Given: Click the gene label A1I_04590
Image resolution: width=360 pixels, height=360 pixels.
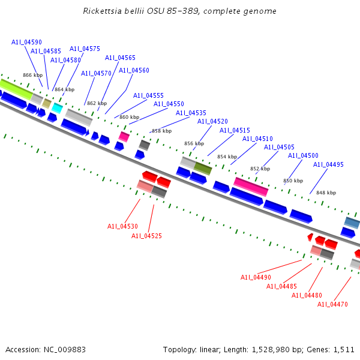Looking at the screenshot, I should pyautogui.click(x=26, y=42).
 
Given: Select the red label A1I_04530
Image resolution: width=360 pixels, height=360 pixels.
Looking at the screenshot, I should pyautogui.click(x=122, y=226).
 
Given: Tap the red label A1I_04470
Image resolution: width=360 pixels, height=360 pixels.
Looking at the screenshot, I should pyautogui.click(x=332, y=304).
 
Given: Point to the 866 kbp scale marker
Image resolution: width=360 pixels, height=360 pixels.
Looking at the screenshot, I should pyautogui.click(x=33, y=75).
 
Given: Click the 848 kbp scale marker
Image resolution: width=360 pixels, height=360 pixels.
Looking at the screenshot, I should pyautogui.click(x=326, y=193).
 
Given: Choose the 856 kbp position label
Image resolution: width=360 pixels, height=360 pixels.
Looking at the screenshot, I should pyautogui.click(x=194, y=143).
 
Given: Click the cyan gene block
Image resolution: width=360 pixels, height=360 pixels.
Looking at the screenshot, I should pyautogui.click(x=57, y=107).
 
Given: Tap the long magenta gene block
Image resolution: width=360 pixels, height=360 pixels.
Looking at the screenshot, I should pyautogui.click(x=251, y=186).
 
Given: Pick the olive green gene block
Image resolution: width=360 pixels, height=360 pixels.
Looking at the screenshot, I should pyautogui.click(x=203, y=169).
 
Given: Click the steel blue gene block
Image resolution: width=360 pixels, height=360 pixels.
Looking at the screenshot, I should pyautogui.click(x=352, y=223).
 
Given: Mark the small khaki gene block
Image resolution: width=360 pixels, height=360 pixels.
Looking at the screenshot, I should pyautogui.click(x=46, y=103).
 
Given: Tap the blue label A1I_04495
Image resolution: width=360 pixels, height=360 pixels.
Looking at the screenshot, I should pyautogui.click(x=328, y=164).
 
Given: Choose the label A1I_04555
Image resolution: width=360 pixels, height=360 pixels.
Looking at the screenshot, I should pyautogui.click(x=148, y=95).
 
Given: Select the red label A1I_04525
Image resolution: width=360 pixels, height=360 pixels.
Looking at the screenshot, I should pyautogui.click(x=146, y=236).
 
